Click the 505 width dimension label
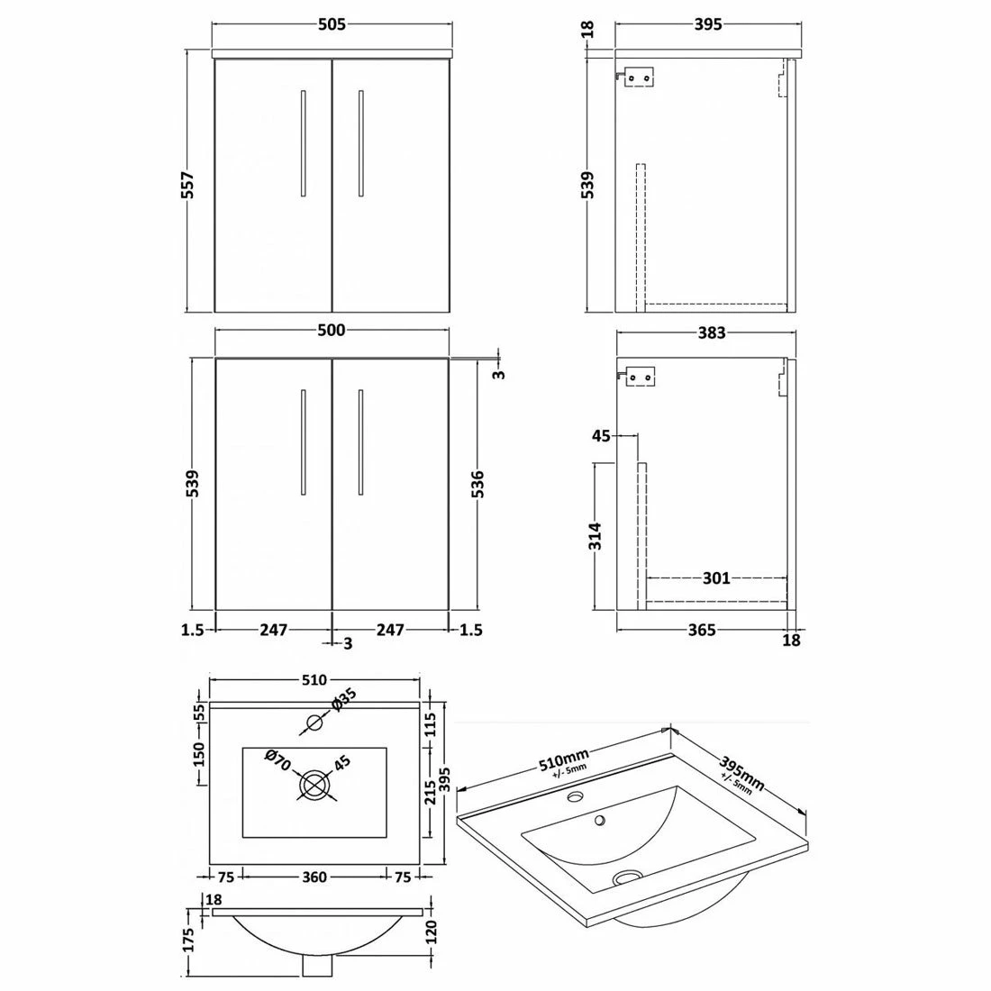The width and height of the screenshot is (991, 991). [331, 25]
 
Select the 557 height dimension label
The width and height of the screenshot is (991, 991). [187, 184]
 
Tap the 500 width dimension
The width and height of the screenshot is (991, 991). [331, 331]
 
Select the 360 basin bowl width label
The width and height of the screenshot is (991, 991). [314, 876]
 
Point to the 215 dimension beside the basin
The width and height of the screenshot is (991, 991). [432, 791]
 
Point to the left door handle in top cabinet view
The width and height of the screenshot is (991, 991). [303, 141]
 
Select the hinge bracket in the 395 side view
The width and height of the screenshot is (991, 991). [639, 78]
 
